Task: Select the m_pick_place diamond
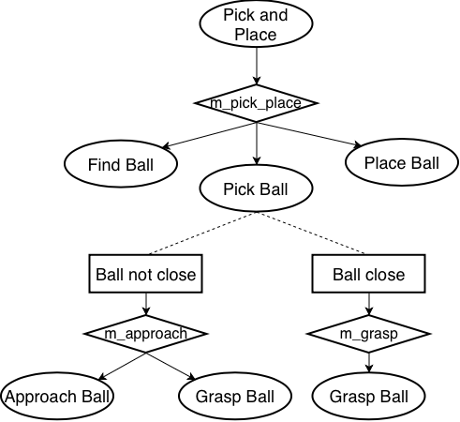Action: (256, 102)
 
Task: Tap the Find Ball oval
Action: (121, 165)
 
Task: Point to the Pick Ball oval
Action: (256, 189)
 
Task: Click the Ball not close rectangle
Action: (146, 275)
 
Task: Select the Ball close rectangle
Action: (368, 275)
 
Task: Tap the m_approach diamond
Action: (145, 333)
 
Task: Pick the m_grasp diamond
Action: (368, 333)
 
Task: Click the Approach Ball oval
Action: (57, 396)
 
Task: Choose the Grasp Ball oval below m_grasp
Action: (368, 396)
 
